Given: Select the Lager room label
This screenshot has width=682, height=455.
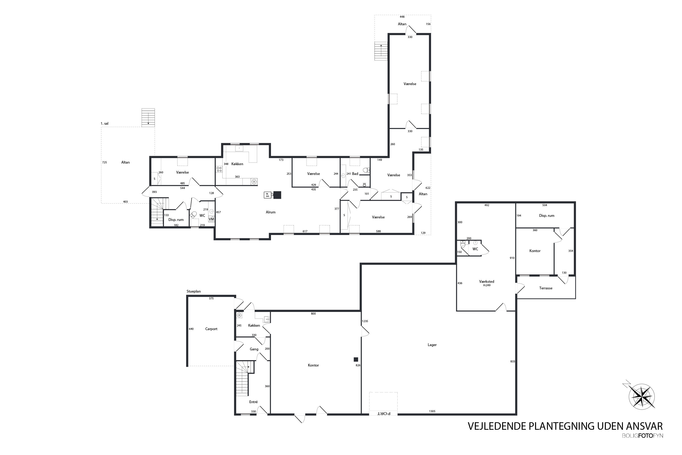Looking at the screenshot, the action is pos(432,345).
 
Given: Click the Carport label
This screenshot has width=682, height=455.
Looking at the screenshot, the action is pos(211,329).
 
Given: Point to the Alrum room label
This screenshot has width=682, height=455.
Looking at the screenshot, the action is pos(271,212).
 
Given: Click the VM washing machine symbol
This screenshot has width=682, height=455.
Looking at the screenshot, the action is pos(211,219).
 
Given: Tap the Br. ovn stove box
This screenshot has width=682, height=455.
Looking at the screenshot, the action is pos(268,195).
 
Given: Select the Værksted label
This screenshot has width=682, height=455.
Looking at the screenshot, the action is pos(486,281).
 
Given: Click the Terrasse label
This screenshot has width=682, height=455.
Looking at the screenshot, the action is pos(546,288).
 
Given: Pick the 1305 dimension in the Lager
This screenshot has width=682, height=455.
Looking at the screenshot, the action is pos(432,411).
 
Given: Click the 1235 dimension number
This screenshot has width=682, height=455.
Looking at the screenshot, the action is pos(365,321).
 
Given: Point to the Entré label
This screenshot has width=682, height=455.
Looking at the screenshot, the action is pos(253,402).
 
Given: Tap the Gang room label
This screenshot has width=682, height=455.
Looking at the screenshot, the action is pos(254,349).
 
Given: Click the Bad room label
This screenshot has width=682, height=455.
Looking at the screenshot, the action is pos(355,174).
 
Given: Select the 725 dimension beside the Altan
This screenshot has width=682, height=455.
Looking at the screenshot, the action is pos(104,162).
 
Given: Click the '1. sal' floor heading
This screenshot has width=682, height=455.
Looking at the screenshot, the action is pos(104,124).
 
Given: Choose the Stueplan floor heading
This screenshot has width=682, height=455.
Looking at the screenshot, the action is pos(194,291).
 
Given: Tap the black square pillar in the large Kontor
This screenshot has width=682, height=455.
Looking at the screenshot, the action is pos(356,359).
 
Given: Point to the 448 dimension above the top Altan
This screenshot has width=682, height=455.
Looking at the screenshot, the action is pos(402,17).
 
